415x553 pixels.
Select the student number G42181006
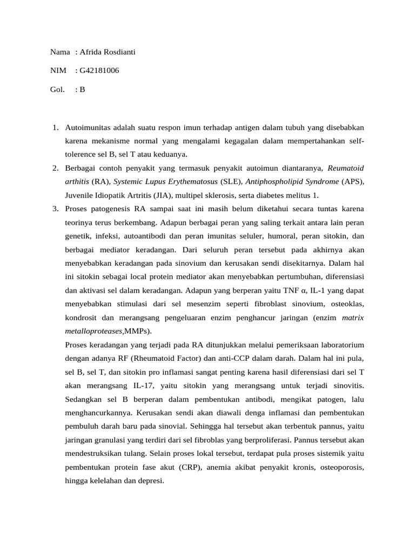pyautogui.click(x=99, y=71)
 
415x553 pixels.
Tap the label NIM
pyautogui.click(x=58, y=71)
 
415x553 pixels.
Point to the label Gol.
pyautogui.click(x=57, y=90)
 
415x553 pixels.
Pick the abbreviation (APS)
pyautogui.click(x=352, y=181)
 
